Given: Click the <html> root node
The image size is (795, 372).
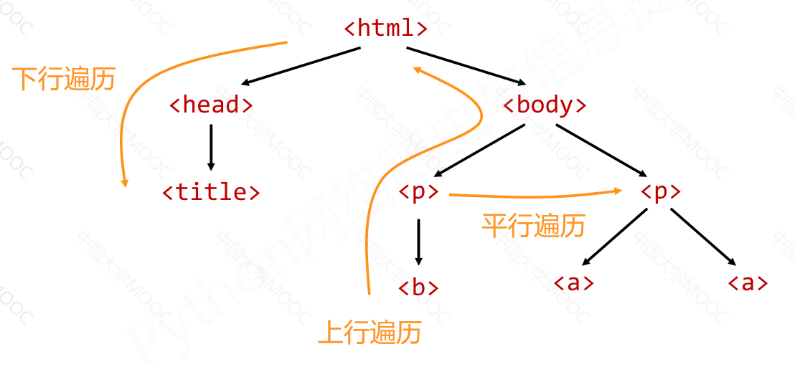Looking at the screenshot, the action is coord(386,29).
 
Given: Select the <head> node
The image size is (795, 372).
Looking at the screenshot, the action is coord(211,105).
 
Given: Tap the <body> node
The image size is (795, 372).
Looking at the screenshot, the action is coord(545,105).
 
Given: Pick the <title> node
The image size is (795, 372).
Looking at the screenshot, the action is coord(211,192).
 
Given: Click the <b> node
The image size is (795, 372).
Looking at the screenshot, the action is coord(418,287).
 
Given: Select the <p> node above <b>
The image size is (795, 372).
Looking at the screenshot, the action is coord(418,192).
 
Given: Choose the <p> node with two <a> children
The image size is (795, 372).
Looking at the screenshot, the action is coord(660,192).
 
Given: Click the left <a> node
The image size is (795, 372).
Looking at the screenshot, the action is coord(574,283).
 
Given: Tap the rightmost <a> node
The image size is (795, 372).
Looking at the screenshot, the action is coord(748,283).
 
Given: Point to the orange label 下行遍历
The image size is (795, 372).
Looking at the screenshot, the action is coord(64,79).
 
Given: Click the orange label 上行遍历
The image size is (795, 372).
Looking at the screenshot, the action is coord(370,333).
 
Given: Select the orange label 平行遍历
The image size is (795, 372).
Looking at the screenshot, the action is coord(533,226).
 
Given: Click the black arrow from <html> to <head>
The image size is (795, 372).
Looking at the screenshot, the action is coord(301,66).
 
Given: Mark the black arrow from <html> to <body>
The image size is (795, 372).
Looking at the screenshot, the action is coord(466,65).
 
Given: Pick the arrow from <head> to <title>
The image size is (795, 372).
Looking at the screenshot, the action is coord(211,148).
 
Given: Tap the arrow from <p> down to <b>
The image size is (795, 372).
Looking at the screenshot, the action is coord(418,242).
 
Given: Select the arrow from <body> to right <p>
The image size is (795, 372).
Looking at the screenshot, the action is coord(601,151).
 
